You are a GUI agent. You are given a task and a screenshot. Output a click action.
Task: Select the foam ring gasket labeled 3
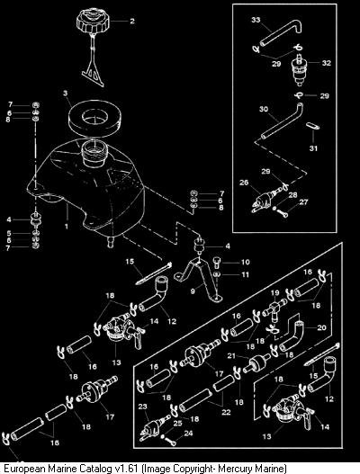click(94, 118)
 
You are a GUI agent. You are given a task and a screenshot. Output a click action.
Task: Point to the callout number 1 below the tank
click(67, 226)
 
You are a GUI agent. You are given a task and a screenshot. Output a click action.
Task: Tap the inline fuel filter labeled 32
click(299, 69)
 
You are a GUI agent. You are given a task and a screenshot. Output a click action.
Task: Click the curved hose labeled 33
click(282, 33)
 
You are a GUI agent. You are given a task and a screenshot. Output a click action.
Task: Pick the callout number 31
click(313, 148)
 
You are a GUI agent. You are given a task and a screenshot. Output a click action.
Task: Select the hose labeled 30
click(282, 121)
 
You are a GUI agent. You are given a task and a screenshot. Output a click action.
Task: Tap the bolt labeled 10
click(218, 262)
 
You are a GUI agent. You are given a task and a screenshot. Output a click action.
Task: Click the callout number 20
click(321, 327)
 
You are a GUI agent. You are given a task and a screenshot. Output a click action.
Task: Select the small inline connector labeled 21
click(257, 362)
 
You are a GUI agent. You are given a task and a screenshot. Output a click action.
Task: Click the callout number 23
click(142, 407)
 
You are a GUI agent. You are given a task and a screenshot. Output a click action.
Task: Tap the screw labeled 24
click(169, 441)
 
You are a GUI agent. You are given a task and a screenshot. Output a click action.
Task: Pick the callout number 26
click(244, 183)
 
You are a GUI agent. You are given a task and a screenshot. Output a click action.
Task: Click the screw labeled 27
click(282, 212)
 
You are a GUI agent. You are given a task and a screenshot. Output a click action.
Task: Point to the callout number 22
click(226, 412)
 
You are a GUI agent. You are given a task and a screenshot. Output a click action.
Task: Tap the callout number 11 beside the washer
click(246, 274)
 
